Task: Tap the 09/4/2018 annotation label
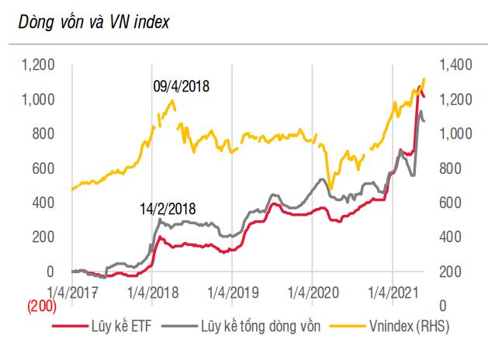(182, 86)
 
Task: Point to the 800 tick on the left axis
(43, 134)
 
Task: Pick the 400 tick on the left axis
(43, 202)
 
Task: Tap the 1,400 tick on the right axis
(455, 65)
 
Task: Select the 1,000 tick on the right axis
(455, 134)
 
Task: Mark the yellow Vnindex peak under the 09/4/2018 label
(171, 100)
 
